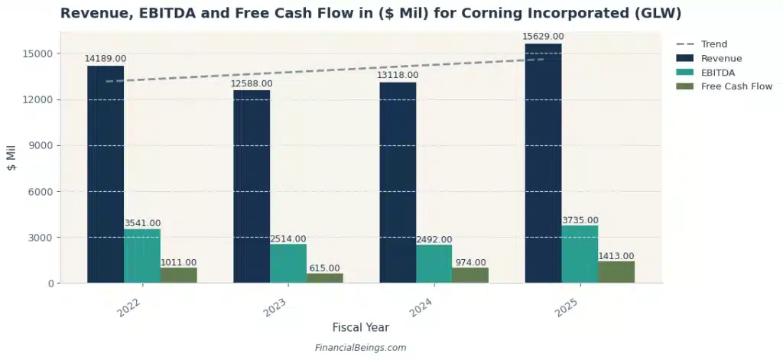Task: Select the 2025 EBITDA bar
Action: pos(580,254)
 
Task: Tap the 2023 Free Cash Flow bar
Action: pos(325,278)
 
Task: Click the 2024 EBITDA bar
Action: pos(434,264)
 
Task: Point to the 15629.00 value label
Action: pos(543,37)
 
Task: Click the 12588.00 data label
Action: pos(252,83)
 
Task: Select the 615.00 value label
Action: pos(325,268)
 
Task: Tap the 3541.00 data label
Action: pos(142,223)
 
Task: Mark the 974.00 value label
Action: pos(470,262)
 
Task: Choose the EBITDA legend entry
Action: pos(718,73)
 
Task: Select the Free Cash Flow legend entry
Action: pos(736,86)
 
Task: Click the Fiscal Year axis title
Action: pos(360,327)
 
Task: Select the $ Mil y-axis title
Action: pos(11,157)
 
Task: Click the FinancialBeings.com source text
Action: pos(360,348)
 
